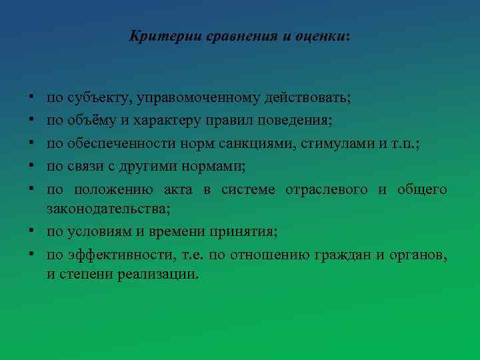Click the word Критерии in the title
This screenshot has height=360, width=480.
(153, 36)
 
